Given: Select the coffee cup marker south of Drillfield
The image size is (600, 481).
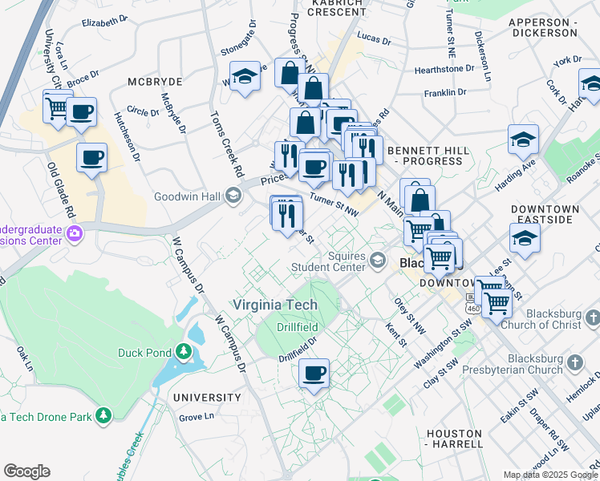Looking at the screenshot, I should click(x=314, y=372).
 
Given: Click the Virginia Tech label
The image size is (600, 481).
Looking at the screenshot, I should click(x=274, y=305).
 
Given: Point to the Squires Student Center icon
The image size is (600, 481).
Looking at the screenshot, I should click(x=379, y=261).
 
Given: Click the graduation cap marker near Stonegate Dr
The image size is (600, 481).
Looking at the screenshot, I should click(x=245, y=77).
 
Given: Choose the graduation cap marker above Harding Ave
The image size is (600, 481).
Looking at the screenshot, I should click(x=523, y=139).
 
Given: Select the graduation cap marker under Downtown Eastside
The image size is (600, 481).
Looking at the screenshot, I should click(x=525, y=238).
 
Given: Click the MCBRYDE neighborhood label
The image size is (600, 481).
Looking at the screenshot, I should click(x=155, y=82).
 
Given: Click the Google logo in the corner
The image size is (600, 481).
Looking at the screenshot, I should click(x=26, y=471).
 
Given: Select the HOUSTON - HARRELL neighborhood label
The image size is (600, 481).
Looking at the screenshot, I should click(x=454, y=438).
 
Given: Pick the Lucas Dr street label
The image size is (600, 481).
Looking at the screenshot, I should click(x=374, y=39).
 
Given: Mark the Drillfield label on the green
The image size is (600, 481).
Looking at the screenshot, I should click(x=297, y=327).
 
